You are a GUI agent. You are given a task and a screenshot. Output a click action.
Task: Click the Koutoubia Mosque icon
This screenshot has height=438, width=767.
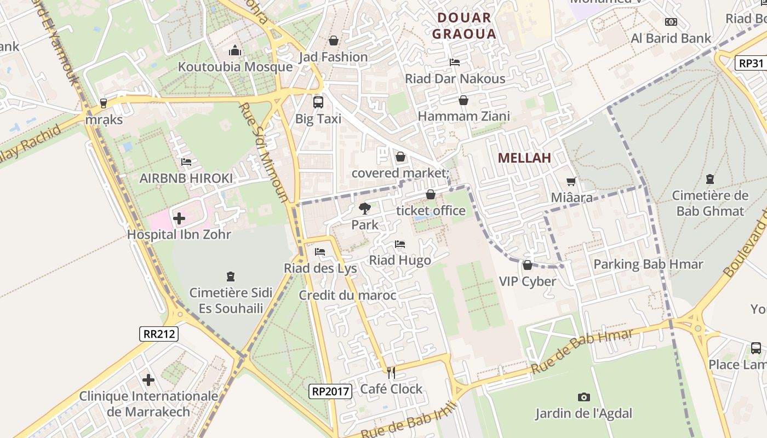tap(235, 50)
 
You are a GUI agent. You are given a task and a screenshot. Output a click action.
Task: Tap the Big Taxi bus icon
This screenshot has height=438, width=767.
tap(318, 102)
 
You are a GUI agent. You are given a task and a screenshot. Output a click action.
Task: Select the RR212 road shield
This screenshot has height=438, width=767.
tap(159, 333)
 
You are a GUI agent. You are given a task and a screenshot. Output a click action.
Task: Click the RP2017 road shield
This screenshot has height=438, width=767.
tap(330, 391)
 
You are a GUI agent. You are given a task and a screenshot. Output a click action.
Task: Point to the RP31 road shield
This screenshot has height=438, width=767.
tap(751, 63)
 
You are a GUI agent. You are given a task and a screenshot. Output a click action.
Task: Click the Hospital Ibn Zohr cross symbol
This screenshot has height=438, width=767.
tap(179, 219)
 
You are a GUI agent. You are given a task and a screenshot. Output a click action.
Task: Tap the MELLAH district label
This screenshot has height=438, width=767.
tap(524, 158)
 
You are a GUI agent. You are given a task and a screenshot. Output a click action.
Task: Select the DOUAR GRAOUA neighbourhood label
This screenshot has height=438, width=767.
tap(463, 26)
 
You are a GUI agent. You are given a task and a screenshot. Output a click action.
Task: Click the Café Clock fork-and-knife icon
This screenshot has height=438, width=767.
tap(391, 373)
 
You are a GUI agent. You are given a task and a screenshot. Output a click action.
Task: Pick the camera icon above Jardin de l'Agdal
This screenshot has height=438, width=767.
tap(584, 397)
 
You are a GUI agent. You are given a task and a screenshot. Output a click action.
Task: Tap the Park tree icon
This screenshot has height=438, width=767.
tap(364, 208)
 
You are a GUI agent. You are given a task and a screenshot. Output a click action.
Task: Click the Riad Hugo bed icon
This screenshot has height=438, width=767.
tap(400, 244)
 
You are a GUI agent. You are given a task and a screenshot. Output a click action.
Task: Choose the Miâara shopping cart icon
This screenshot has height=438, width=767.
tap(571, 181)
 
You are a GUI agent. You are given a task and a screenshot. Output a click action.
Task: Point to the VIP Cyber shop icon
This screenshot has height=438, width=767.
tap(528, 266)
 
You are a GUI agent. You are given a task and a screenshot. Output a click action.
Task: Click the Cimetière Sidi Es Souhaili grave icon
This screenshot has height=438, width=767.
tap(231, 277)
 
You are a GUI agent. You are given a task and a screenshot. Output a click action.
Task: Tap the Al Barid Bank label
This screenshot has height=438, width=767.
tap(671, 38)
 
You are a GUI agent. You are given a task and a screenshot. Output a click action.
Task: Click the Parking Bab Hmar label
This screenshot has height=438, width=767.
tap(648, 264)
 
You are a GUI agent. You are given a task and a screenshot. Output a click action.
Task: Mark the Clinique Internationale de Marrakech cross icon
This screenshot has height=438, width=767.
tap(148, 380)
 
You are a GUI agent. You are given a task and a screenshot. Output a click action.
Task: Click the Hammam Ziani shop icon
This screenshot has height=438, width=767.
tap(463, 100)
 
